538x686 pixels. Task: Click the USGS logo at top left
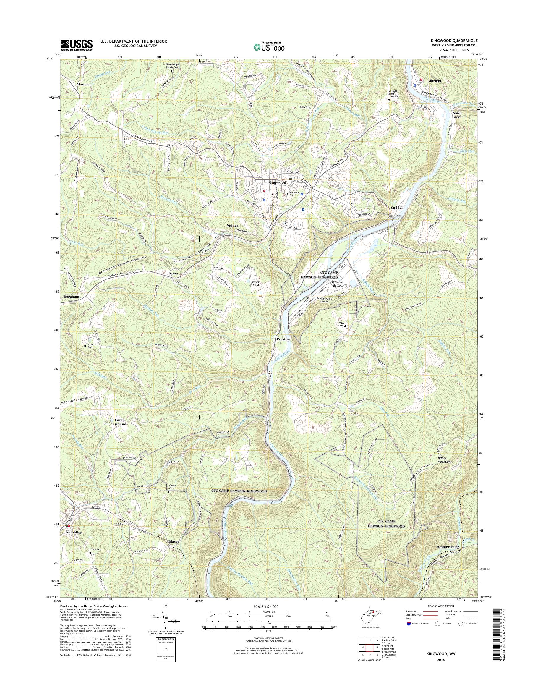click(x=77, y=45)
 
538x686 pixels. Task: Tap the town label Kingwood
click(x=277, y=182)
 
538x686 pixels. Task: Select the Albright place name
click(x=434, y=81)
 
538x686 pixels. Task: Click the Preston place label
click(x=283, y=339)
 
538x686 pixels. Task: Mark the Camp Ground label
click(x=120, y=422)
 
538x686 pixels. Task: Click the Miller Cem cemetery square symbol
click(x=85, y=346)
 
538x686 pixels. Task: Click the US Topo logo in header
click(x=269, y=47)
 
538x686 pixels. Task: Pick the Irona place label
click(x=173, y=273)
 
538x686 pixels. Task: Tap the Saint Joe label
click(x=457, y=115)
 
